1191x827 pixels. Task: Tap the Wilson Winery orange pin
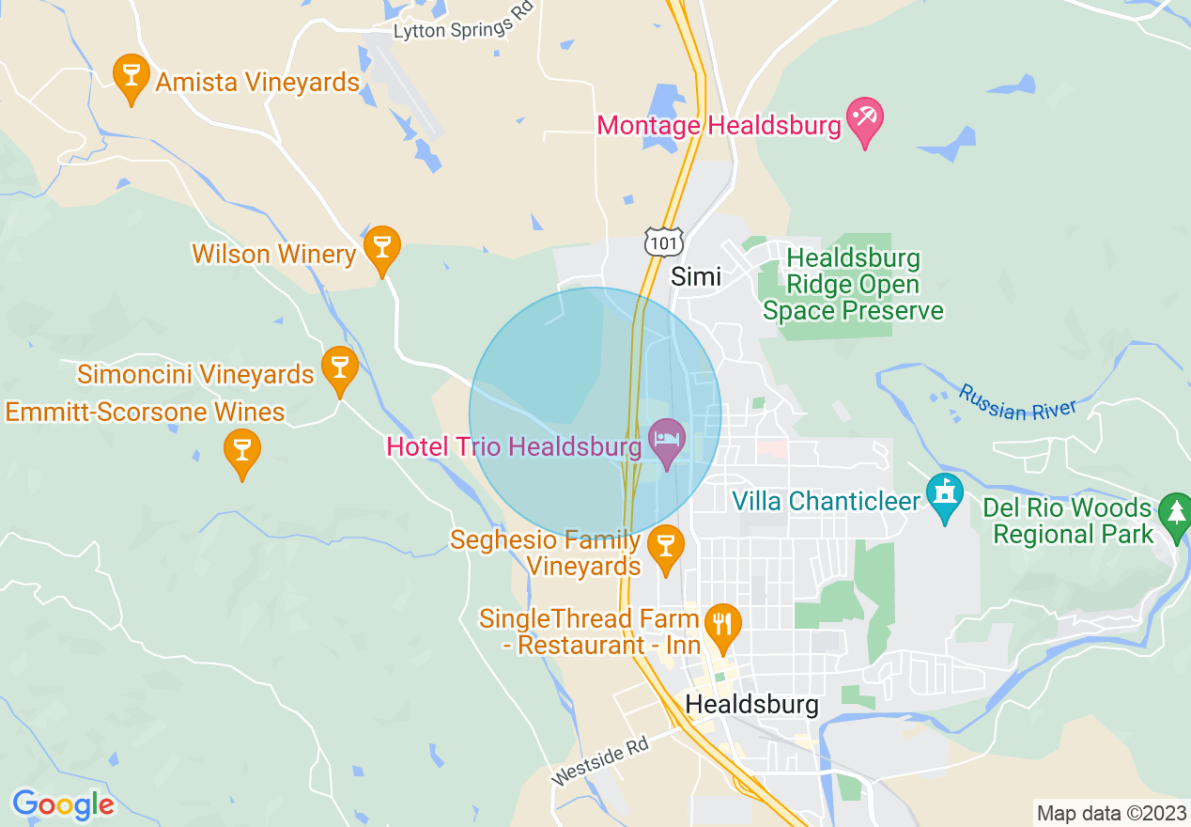(x=381, y=247)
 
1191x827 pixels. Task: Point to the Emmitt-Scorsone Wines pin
(x=242, y=451)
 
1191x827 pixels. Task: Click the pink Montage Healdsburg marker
(x=864, y=120)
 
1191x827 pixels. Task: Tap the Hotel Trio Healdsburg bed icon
(x=668, y=441)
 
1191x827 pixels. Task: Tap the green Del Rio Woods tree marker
(x=1174, y=514)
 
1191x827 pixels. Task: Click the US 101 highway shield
(x=663, y=242)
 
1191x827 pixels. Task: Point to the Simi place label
(x=696, y=276)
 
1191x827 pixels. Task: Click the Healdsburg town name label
(x=751, y=704)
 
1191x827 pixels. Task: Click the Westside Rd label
(x=600, y=760)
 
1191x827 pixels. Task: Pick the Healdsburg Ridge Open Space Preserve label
(x=853, y=285)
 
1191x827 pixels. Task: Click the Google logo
(x=63, y=804)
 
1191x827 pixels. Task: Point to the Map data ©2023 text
(x=1111, y=813)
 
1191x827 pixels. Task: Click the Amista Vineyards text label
(x=257, y=83)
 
